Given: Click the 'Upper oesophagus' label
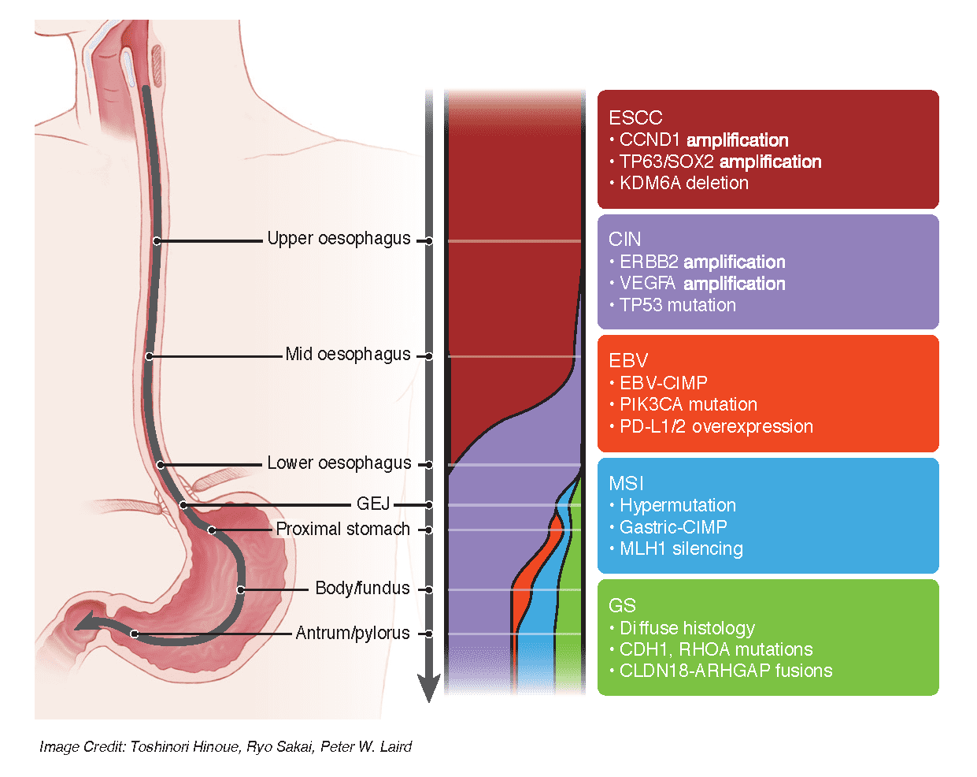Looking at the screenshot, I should click(x=339, y=239).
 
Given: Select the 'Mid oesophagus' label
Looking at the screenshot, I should click(x=347, y=355).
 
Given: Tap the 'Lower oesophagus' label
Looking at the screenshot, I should click(x=339, y=463).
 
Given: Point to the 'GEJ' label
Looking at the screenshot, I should click(x=373, y=504).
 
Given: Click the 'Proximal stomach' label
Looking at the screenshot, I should click(x=342, y=529).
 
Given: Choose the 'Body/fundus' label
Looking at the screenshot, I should click(x=362, y=589).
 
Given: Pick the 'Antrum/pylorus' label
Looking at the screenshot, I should click(x=352, y=633).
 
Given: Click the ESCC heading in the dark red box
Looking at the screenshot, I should click(x=635, y=118).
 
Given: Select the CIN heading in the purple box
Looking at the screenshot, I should click(x=624, y=240).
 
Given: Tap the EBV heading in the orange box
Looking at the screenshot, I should click(x=628, y=361).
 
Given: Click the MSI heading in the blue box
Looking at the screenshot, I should click(x=626, y=483).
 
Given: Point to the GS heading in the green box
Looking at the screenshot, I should click(x=622, y=605).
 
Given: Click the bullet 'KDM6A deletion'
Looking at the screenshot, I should click(x=683, y=183).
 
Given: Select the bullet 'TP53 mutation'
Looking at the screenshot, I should click(x=677, y=305).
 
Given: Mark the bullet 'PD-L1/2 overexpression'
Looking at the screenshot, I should click(x=716, y=426).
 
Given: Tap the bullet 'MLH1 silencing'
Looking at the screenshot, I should click(x=681, y=548).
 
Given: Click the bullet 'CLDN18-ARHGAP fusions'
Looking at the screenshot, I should click(x=725, y=671).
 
